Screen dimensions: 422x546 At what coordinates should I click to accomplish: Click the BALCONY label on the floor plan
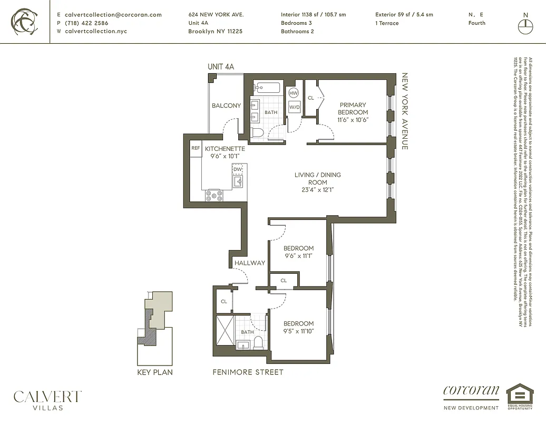[226, 105]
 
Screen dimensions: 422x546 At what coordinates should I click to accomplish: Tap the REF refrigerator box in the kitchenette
[195, 149]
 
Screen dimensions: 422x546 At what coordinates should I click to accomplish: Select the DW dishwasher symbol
[238, 169]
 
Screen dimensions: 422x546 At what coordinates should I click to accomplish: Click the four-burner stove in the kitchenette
[214, 195]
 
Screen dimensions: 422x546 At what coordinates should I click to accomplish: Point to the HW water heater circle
[294, 93]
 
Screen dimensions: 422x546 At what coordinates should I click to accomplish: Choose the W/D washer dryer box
[294, 108]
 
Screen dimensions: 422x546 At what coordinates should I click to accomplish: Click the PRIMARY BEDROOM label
[353, 108]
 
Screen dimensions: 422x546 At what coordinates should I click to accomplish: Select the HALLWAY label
[250, 263]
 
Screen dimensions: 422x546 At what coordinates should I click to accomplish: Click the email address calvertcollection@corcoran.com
[113, 15]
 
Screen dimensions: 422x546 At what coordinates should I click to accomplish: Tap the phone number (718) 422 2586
[86, 23]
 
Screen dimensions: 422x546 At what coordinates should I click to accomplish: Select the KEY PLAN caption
[154, 372]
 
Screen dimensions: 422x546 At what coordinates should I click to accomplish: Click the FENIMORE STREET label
[248, 372]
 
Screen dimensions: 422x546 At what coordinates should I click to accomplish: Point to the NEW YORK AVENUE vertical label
[405, 111]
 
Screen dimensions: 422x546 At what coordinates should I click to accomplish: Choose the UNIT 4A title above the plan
[220, 66]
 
